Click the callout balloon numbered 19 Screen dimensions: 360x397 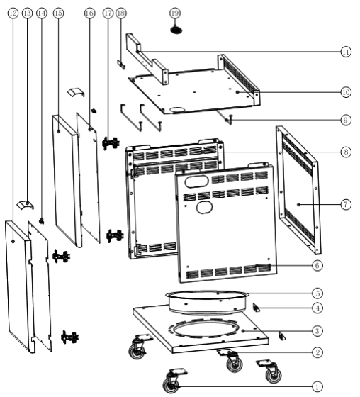[x=175, y=13]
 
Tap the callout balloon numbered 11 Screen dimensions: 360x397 [x=346, y=52]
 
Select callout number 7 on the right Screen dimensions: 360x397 [x=346, y=204]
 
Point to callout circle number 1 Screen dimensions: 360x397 [x=317, y=387]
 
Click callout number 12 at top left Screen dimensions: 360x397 [x=13, y=13]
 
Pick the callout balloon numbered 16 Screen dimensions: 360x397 [x=89, y=13]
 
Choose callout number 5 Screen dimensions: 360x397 [x=317, y=293]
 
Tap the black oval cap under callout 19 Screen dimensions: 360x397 [x=176, y=30]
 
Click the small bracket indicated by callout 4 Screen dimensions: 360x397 [x=257, y=308]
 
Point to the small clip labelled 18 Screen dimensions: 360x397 [x=121, y=65]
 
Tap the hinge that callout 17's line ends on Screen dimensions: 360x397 [x=111, y=143]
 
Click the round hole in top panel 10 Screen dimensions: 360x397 [x=178, y=110]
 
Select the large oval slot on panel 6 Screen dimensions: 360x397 [x=196, y=181]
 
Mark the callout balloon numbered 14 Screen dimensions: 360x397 [x=42, y=13]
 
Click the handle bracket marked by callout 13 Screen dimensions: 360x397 [x=26, y=204]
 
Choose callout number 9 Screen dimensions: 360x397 [x=346, y=120]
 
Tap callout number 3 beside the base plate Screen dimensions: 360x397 [x=317, y=331]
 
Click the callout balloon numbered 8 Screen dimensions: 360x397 [x=346, y=152]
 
